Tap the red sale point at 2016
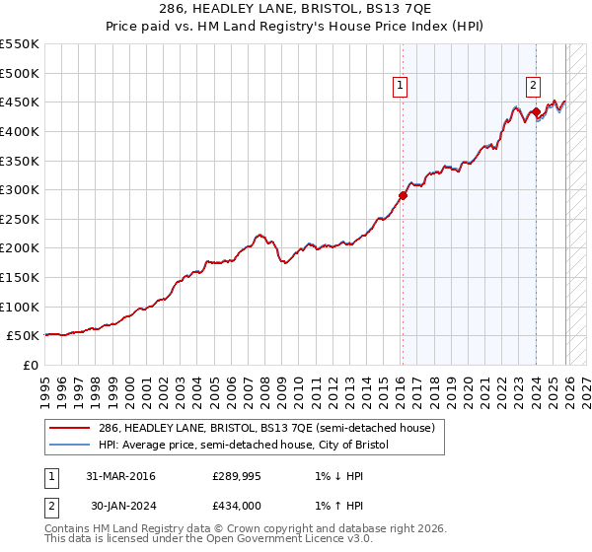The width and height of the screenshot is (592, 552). point(403,195)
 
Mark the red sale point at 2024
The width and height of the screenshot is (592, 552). point(536,111)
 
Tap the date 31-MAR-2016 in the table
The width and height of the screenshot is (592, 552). point(120,476)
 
